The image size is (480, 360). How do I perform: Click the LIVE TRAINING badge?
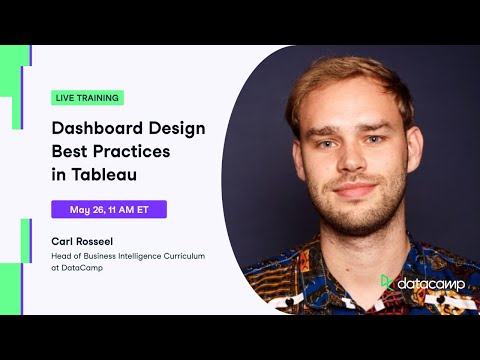point(87,98)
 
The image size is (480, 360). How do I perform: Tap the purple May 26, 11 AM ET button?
point(109,210)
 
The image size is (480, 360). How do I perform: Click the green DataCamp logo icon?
point(387,283)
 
